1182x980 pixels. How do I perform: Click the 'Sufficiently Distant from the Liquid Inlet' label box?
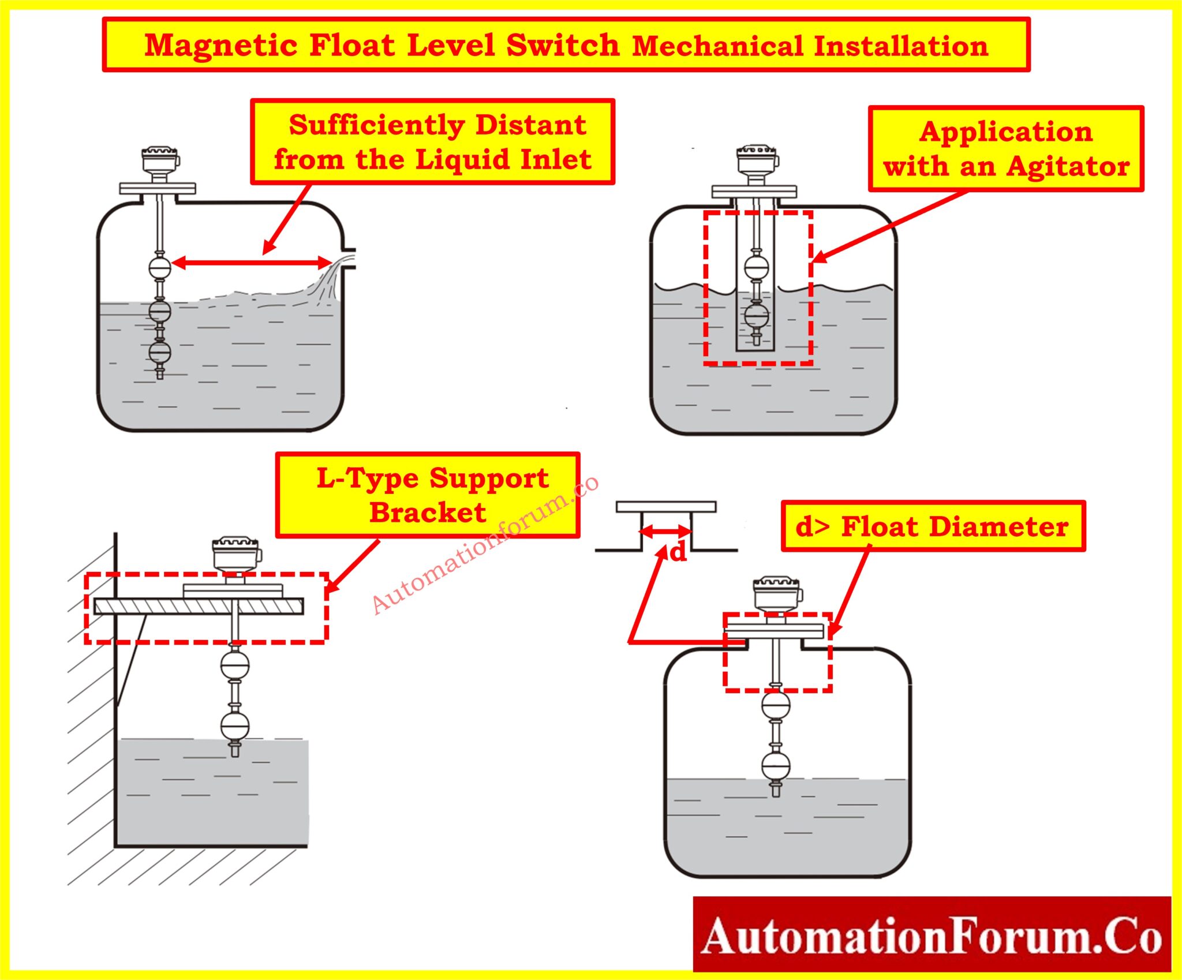click(432, 142)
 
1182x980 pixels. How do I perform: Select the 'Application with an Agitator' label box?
click(1005, 149)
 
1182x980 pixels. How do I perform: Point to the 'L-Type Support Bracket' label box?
click(428, 495)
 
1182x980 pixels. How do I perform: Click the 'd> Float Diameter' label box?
click(933, 526)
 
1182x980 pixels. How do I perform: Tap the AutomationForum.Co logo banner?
click(932, 936)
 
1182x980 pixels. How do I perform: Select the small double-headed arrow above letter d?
click(666, 531)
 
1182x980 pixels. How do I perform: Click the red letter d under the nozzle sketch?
click(678, 552)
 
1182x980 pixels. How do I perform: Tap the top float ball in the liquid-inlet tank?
click(160, 268)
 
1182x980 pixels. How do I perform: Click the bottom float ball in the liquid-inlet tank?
click(160, 351)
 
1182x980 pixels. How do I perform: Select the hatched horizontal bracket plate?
click(199, 606)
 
